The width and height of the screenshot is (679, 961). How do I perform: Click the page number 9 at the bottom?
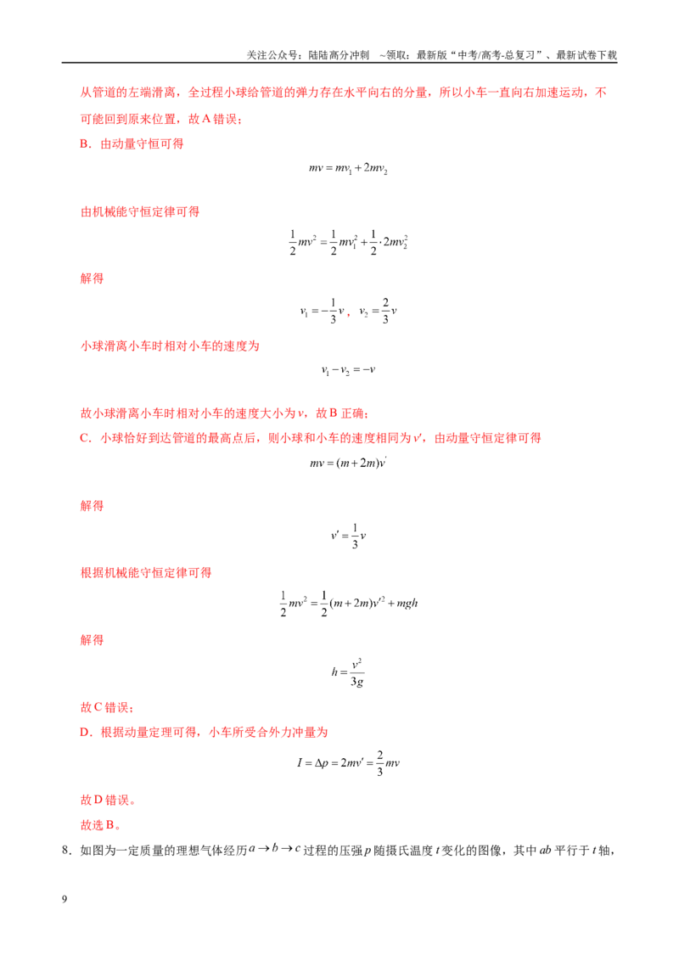coord(65,899)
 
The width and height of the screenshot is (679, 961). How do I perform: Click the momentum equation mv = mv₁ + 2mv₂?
coord(348,168)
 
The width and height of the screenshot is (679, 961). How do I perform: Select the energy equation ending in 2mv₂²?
coord(348,242)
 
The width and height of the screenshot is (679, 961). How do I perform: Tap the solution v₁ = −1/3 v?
coord(323,311)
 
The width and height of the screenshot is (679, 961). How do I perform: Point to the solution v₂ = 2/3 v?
coord(378,311)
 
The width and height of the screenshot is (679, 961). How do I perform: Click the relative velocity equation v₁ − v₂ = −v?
coord(348,370)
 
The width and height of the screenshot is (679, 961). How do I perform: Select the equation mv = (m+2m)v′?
coord(348,463)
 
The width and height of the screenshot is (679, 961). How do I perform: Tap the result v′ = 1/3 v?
coord(348,536)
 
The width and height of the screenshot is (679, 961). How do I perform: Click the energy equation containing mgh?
coord(348,603)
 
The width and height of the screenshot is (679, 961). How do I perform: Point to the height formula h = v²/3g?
coord(348,672)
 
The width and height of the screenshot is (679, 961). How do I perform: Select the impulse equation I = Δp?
coord(348,763)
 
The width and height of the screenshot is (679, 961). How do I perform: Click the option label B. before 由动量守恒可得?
coord(86,144)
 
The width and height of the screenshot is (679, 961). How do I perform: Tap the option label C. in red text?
coord(86,438)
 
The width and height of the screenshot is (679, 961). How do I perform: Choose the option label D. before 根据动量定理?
coord(86,733)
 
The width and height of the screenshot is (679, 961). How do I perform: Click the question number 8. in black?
coord(67,850)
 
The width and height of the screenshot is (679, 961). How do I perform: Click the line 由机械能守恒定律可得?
coord(140,211)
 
